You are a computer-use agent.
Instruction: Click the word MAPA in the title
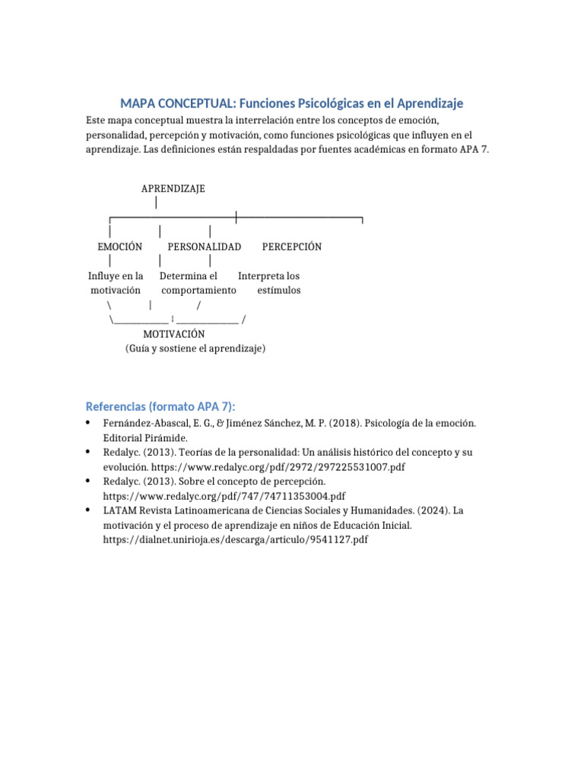pos(138,103)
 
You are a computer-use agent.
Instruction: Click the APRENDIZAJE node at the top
pos(173,188)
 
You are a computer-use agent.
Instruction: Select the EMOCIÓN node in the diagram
pos(120,246)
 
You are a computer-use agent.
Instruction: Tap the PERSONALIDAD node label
pos(204,246)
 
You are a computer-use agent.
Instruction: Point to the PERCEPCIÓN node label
pos(291,246)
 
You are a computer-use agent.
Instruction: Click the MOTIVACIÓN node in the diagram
pos(173,333)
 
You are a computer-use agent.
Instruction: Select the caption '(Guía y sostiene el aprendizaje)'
pos(195,348)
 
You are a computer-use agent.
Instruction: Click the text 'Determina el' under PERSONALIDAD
pos(188,275)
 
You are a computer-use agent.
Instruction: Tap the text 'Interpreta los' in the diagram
pos(268,275)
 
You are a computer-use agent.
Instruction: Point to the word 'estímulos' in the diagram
pos(278,290)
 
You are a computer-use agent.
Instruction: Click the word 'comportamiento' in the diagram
pos(198,290)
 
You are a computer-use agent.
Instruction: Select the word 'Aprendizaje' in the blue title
pos(427,103)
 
